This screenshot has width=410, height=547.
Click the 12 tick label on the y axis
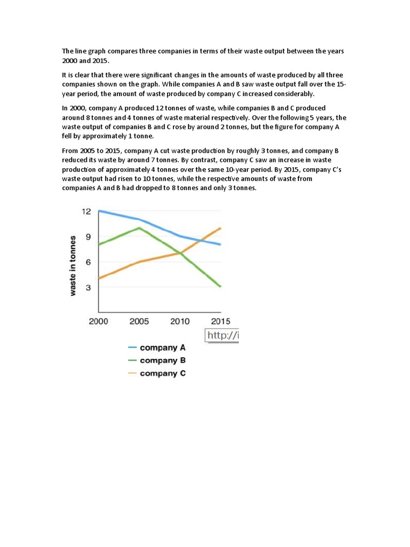click(x=86, y=212)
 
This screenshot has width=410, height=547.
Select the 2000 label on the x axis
click(x=99, y=321)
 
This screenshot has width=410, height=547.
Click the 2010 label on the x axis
click(x=180, y=321)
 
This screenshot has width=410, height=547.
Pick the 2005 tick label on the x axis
click(x=139, y=321)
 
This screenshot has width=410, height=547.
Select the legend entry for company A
click(x=158, y=348)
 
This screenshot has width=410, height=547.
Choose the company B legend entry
click(x=158, y=361)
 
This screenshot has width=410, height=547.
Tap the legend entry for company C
click(x=158, y=373)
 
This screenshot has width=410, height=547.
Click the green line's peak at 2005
click(x=139, y=228)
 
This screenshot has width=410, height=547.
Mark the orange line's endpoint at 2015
click(x=220, y=228)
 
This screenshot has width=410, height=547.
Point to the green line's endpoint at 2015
click(x=220, y=287)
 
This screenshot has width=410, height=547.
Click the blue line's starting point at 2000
click(x=99, y=211)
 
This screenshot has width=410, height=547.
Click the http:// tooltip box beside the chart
click(x=222, y=336)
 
